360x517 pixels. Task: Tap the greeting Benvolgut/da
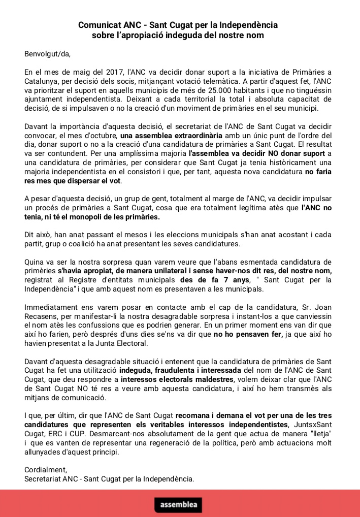click(47, 53)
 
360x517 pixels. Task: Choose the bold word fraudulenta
click(170, 369)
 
